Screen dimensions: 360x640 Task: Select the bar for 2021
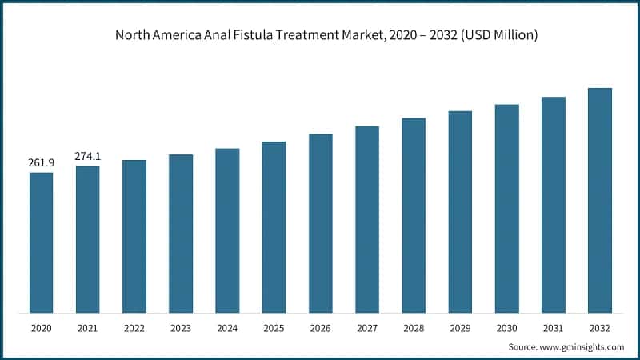click(x=88, y=239)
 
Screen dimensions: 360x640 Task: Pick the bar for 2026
click(x=321, y=223)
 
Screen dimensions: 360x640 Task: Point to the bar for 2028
click(x=414, y=215)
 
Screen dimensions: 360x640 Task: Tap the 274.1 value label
click(x=87, y=157)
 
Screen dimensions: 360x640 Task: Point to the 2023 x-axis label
click(x=181, y=328)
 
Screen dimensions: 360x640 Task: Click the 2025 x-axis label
click(x=274, y=328)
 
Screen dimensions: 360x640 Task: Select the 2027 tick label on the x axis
click(x=367, y=328)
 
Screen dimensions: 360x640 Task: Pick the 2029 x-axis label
click(x=460, y=328)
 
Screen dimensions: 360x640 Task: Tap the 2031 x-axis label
click(x=553, y=328)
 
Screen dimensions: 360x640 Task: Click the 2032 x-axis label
click(x=600, y=328)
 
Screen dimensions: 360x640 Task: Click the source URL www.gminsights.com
click(x=582, y=347)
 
